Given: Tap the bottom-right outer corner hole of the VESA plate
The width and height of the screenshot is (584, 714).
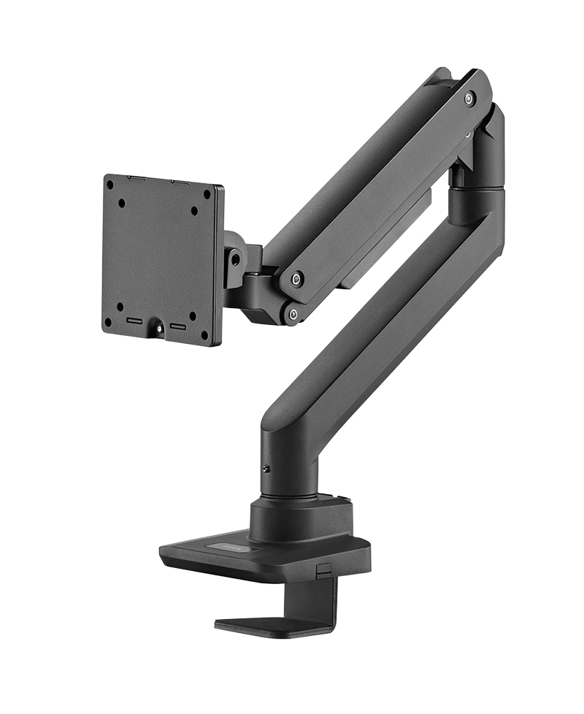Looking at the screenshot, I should [204, 334].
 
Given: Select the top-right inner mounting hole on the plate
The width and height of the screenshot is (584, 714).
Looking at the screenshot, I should [194, 211].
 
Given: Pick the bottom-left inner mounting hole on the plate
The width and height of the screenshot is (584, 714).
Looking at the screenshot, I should [120, 306].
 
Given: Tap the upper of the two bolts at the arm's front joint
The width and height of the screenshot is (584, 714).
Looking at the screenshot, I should [297, 278].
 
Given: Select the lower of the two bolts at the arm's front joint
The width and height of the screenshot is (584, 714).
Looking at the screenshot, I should [293, 314].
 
